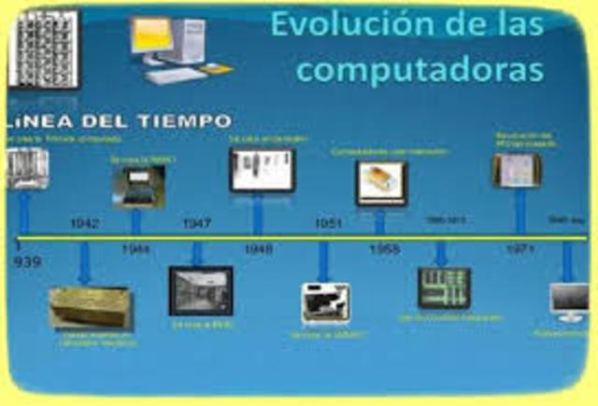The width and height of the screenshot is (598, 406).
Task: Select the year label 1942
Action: click(x=85, y=225)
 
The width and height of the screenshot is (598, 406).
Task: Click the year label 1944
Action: click(x=136, y=249)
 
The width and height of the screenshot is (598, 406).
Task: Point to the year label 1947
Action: click(x=196, y=225)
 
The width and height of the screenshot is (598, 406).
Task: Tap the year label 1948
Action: click(x=258, y=249)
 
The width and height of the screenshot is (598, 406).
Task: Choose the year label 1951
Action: click(x=328, y=225)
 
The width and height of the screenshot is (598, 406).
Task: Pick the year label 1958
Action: click(x=384, y=249)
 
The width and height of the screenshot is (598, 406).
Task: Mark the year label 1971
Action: click(x=520, y=249)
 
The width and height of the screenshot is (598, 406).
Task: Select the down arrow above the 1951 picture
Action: click(x=323, y=261)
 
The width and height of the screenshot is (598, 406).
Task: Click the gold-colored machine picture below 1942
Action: click(x=90, y=307)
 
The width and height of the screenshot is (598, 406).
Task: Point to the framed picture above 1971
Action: click(x=517, y=171)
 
